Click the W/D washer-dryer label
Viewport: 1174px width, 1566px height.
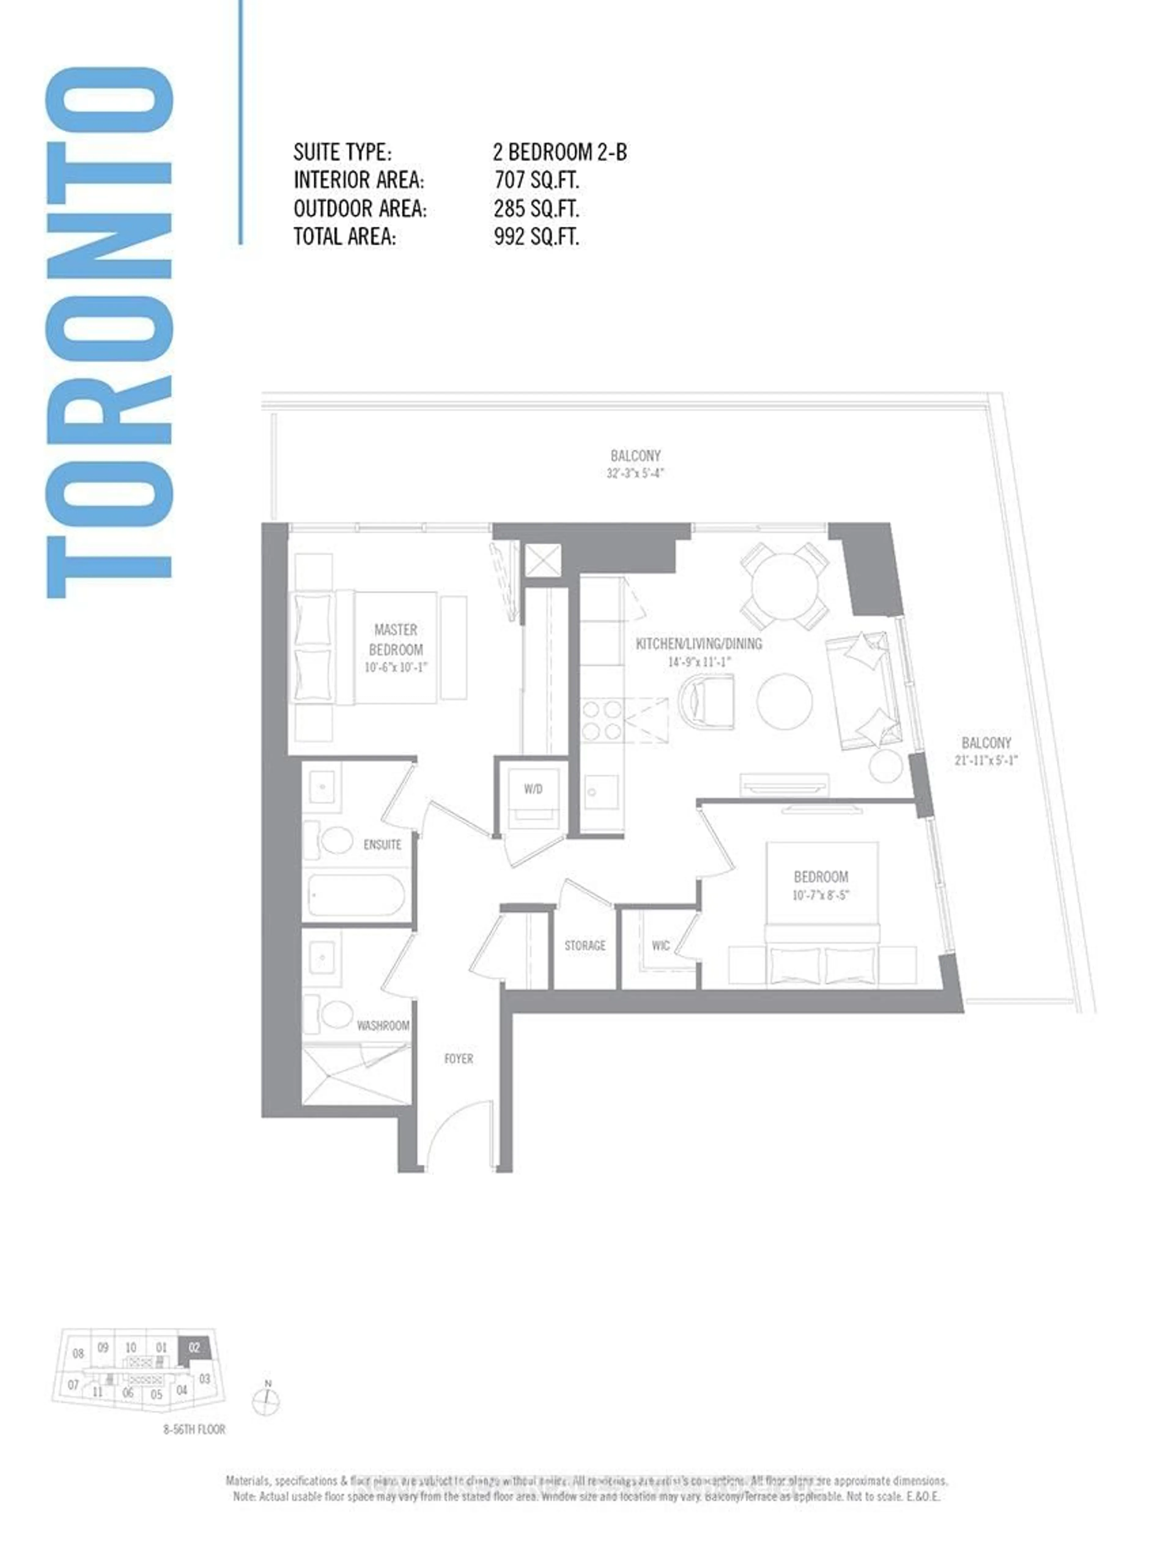pyautogui.click(x=533, y=789)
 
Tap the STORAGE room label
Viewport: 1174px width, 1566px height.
pyautogui.click(x=585, y=945)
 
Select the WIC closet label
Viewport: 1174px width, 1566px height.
pyautogui.click(x=660, y=945)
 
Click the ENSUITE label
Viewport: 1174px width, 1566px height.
pyautogui.click(x=382, y=844)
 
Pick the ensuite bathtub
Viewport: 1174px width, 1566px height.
pyautogui.click(x=357, y=896)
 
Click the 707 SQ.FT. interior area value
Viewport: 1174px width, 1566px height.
pyautogui.click(x=537, y=180)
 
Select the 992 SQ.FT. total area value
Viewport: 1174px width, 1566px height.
pyautogui.click(x=537, y=236)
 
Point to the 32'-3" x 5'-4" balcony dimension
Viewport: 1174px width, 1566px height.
pyautogui.click(x=635, y=473)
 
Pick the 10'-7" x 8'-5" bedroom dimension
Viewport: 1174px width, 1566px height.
pyautogui.click(x=820, y=895)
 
